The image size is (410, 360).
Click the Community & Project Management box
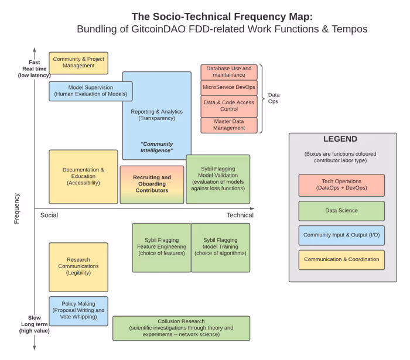78,63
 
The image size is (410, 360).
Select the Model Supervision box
91,91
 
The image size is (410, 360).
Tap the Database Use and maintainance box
229,72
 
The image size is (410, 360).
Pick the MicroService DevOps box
229,87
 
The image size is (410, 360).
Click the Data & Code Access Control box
229,106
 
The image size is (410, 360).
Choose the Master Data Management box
229,125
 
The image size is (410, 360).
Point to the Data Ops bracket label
274,98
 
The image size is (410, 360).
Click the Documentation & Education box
83,176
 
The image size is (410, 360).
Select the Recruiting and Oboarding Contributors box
152,184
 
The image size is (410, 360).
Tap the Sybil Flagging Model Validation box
218,179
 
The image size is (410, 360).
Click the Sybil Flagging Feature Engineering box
161,247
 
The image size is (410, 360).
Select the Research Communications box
78,266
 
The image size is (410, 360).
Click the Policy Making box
78,311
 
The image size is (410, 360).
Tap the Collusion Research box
181,328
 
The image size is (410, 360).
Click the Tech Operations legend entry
341,185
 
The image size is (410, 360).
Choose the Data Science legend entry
341,211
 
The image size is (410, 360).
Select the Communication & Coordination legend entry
341,260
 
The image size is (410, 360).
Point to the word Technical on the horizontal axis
240,215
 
